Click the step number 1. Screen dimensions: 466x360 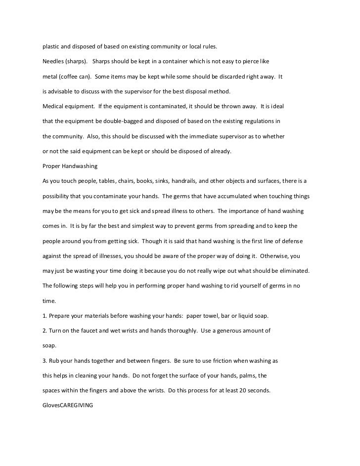(45, 315)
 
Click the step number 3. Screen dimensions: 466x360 (45, 360)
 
